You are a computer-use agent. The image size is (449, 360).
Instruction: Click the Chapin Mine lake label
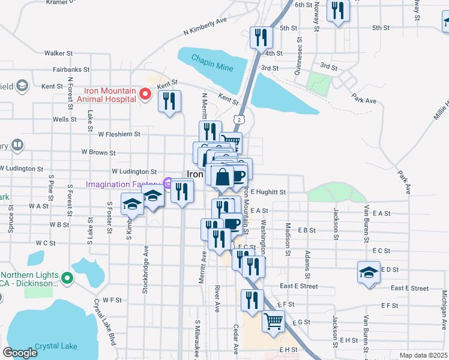212,63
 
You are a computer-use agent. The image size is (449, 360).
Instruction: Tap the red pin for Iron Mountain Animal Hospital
145,94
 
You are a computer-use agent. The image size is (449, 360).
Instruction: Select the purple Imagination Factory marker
169,184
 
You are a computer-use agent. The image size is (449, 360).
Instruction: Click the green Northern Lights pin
67,278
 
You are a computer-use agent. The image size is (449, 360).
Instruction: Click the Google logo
20,353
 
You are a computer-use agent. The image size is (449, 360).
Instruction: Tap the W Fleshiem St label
119,134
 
